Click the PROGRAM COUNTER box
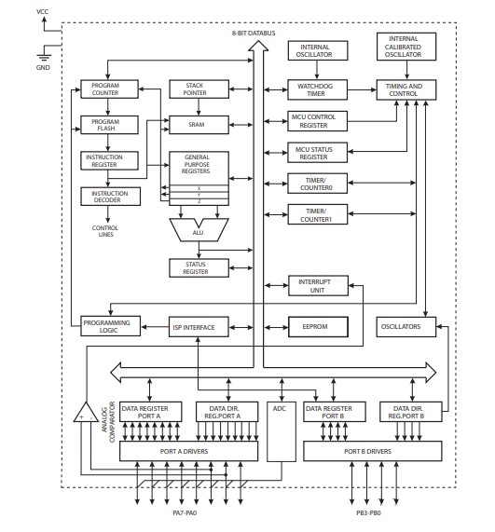[109, 89]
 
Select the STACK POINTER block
[199, 89]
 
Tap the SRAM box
[199, 125]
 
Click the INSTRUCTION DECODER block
[110, 197]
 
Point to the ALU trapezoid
[199, 230]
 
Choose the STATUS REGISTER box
[199, 268]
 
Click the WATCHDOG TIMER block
[318, 90]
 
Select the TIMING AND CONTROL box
[406, 90]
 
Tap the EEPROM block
[318, 327]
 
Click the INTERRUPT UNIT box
[318, 286]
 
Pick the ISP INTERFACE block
[199, 327]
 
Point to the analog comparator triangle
[87, 414]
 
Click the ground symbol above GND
[44, 56]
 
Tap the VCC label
[43, 12]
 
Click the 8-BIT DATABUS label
[254, 34]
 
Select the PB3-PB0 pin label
[369, 513]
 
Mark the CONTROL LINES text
[105, 231]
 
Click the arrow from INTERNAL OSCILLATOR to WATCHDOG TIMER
[317, 70]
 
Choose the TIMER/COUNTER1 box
[318, 214]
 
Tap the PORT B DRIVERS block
[373, 451]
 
